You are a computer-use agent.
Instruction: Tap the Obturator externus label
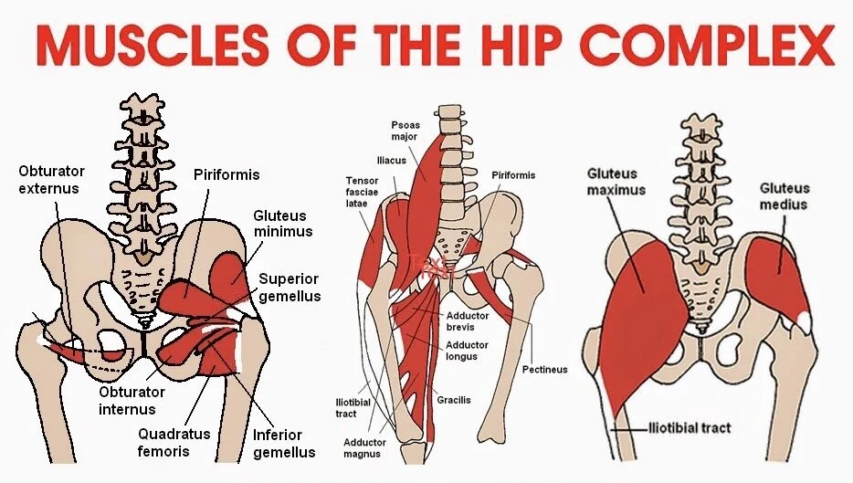[x=51, y=180]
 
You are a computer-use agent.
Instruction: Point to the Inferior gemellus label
[x=285, y=444]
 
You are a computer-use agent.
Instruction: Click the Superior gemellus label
[x=290, y=288]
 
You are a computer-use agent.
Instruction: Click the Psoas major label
[x=404, y=130]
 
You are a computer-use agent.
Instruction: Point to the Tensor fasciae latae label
[x=363, y=192]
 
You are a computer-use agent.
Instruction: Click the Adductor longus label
[x=467, y=351]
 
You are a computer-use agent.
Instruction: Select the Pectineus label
[x=545, y=370]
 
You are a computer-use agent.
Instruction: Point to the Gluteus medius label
[x=784, y=196]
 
